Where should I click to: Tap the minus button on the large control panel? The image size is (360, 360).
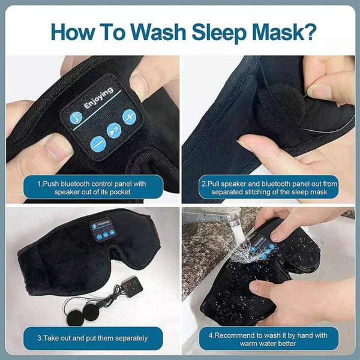98,143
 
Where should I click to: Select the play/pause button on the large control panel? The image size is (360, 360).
114,130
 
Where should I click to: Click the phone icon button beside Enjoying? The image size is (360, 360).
76,118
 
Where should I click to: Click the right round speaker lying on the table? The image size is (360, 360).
92,310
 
